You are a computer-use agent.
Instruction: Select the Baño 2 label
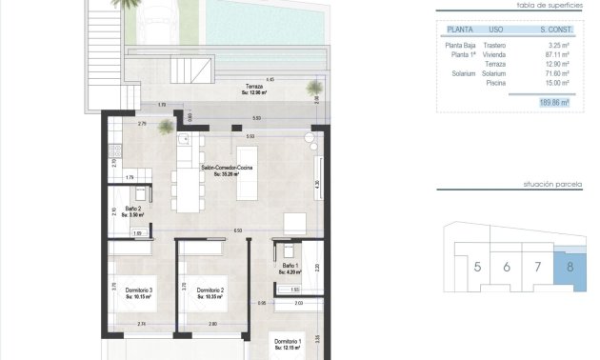click(132, 212)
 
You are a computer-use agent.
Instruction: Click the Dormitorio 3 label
click(138, 293)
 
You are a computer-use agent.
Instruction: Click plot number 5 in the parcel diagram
click(476, 268)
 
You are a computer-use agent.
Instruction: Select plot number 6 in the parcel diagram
click(507, 268)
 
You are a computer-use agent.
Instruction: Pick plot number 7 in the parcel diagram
click(538, 268)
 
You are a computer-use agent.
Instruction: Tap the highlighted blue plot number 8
click(570, 268)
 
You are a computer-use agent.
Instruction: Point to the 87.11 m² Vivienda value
click(555, 54)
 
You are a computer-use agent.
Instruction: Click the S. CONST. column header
click(553, 30)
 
